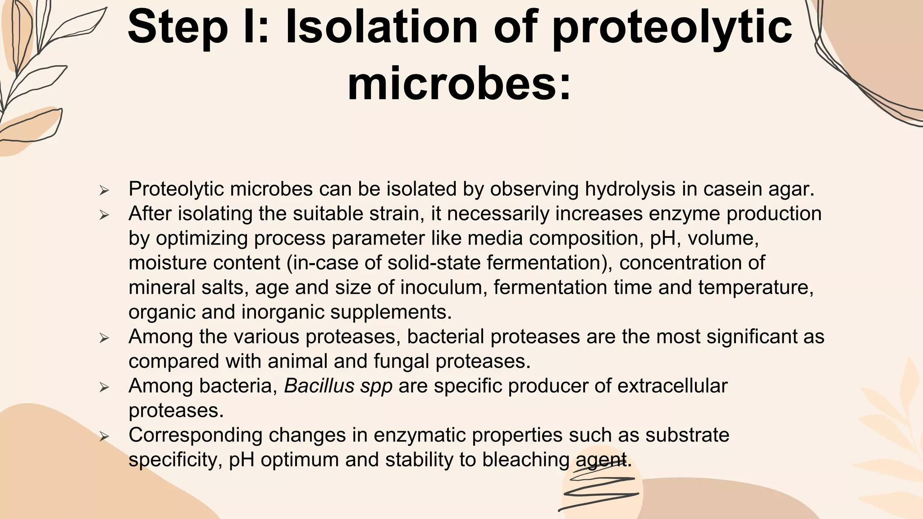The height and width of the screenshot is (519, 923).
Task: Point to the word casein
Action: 732,189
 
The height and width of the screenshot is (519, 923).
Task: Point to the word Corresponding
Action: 195,435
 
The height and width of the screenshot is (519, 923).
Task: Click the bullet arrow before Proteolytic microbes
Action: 104,190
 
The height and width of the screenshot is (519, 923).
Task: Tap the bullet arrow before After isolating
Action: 104,215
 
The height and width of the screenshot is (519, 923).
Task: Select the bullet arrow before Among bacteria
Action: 104,387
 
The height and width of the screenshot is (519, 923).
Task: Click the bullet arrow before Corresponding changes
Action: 104,436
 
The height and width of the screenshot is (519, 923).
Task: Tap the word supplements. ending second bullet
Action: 391,312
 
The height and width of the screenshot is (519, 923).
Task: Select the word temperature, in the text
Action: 756,287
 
